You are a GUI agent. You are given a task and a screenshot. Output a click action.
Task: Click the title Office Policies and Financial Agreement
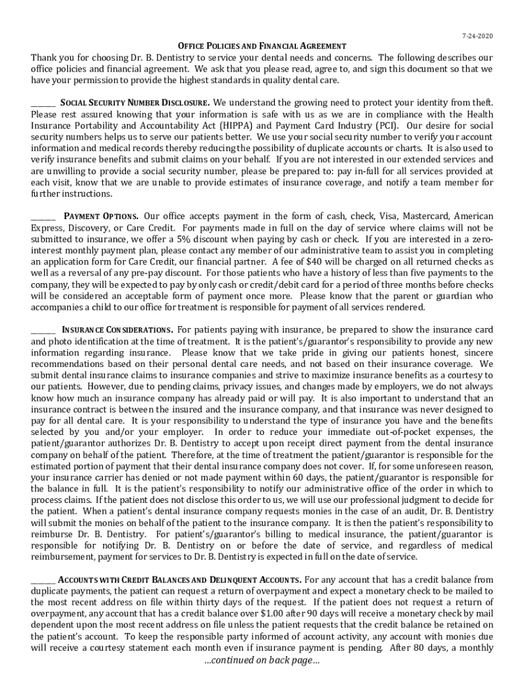[x=262, y=46]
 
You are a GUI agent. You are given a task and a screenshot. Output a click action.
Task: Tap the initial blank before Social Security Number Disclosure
[x=43, y=105]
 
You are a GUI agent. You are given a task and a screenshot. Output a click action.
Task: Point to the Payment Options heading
[x=101, y=216]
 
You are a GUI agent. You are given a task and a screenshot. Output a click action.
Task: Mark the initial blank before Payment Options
[x=43, y=218]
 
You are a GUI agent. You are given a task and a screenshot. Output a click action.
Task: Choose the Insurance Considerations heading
[x=118, y=330]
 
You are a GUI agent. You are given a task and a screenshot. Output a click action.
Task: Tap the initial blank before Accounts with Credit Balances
[x=43, y=582]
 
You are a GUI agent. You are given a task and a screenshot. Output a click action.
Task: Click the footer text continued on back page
[x=262, y=660]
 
